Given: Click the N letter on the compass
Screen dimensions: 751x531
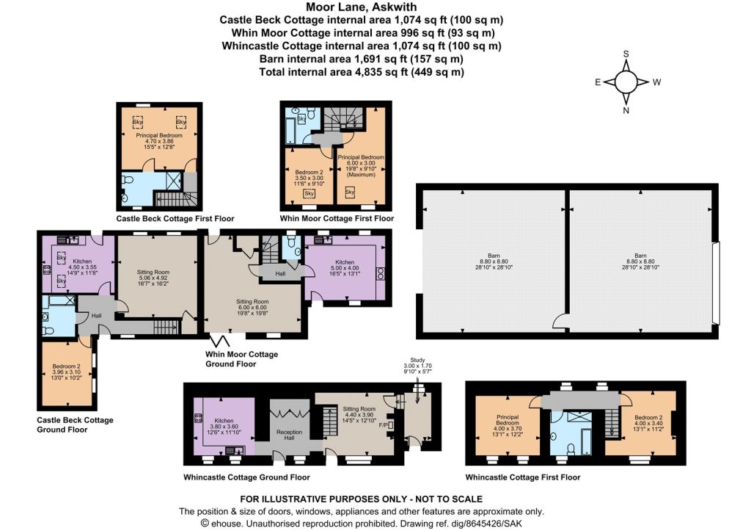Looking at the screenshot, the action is click(626, 110).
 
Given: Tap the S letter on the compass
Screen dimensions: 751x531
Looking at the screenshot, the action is click(626, 54).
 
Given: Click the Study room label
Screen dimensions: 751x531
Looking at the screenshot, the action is click(417, 360).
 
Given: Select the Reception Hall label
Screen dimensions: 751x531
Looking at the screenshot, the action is click(289, 435).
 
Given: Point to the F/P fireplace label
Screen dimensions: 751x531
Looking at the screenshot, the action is click(383, 425).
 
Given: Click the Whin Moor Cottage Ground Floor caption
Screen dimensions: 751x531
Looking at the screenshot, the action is click(241, 359).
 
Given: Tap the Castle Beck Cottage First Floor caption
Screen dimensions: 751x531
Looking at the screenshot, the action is click(175, 219).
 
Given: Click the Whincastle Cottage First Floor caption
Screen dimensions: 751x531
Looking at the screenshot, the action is click(522, 477).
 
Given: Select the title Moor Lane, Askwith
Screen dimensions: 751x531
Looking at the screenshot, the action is click(362, 7).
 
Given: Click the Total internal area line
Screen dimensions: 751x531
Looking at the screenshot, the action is click(362, 72).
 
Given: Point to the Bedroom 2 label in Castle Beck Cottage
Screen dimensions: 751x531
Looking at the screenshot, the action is click(67, 372).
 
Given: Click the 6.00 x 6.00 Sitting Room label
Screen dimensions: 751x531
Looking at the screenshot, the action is click(252, 308).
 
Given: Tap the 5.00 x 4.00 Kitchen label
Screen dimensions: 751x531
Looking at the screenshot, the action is click(345, 267).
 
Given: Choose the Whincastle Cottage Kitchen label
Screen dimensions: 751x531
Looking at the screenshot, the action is click(224, 427).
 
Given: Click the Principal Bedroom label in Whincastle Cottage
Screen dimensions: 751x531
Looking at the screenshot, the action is click(508, 426).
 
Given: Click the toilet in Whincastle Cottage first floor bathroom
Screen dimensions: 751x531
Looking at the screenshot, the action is click(571, 449).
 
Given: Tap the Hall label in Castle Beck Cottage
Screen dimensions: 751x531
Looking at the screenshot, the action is click(96, 316).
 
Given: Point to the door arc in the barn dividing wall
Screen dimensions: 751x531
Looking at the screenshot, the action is click(559, 321).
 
